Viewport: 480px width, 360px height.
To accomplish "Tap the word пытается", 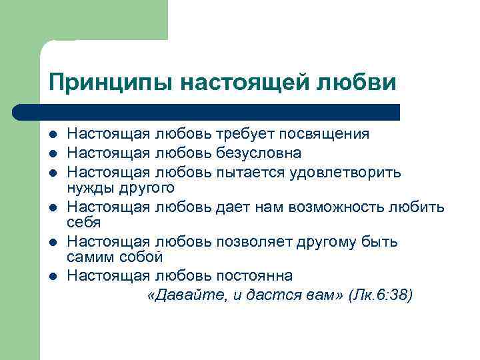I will (x=249, y=173).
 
